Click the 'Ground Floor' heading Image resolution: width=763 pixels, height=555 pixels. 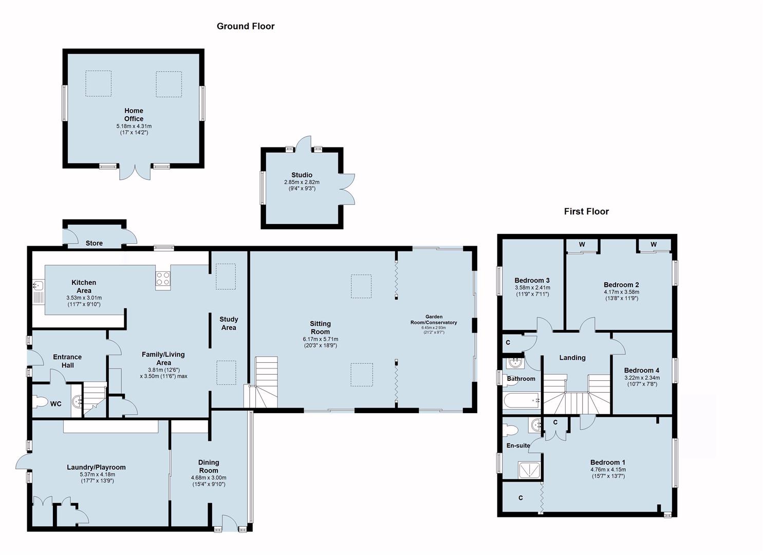[x=246, y=26]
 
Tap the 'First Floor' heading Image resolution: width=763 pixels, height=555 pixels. [x=586, y=212]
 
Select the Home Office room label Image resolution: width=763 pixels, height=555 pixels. [x=134, y=115]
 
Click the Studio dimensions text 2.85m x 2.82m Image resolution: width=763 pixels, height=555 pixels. [x=302, y=182]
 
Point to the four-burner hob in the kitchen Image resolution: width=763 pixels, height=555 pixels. [x=163, y=279]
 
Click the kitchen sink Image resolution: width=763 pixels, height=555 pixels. [x=38, y=285]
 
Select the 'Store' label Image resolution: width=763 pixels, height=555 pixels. [x=94, y=243]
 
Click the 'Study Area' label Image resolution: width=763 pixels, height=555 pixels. [x=229, y=323]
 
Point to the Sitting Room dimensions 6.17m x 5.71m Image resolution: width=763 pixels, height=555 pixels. [x=320, y=339]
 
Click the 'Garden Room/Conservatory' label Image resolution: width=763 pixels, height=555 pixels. [x=434, y=320]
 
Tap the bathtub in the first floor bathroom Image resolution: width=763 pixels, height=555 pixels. [x=521, y=401]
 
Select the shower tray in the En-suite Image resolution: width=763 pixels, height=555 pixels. [x=529, y=470]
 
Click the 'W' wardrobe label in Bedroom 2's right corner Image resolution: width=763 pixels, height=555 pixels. [x=654, y=244]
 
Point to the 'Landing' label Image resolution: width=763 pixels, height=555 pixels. [x=572, y=358]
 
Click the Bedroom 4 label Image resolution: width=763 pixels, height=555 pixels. [x=642, y=371]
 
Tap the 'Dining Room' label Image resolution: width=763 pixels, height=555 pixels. [x=209, y=467]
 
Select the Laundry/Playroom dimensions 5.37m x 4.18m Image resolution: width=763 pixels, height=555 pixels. [x=98, y=475]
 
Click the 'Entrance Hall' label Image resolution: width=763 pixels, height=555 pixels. [x=67, y=361]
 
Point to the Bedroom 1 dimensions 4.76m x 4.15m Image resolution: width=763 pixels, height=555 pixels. [x=608, y=470]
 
